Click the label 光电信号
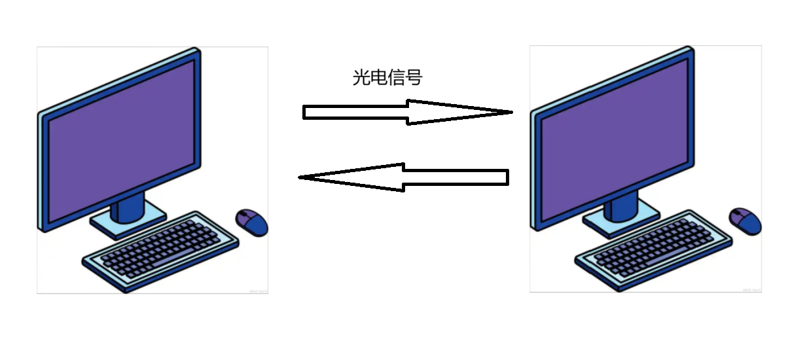pos(387,78)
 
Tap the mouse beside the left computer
pos(252,222)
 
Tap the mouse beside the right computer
pos(746,221)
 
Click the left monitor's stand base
pos(128,221)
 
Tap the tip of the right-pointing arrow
pos(510,112)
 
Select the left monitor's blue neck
pos(128,206)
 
